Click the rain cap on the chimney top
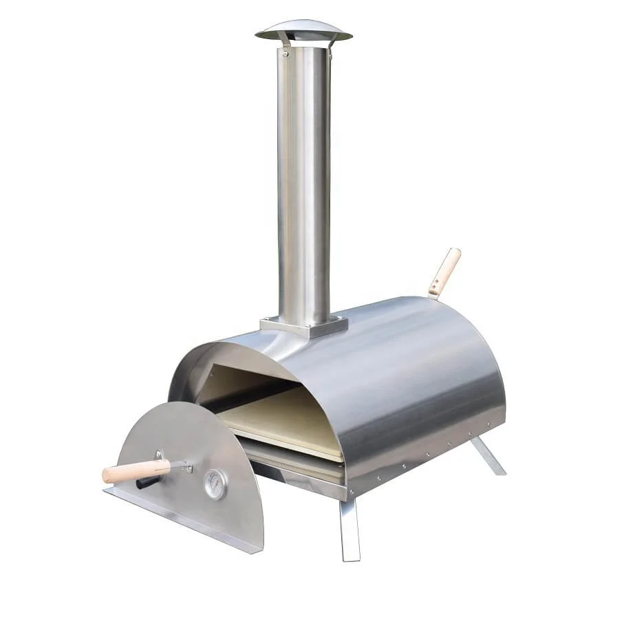coord(303,30)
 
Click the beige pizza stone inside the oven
coord(282,420)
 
